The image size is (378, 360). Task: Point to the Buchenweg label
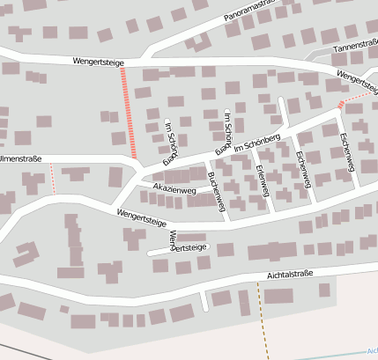217,193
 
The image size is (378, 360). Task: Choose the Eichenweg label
304,169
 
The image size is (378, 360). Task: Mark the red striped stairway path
128,113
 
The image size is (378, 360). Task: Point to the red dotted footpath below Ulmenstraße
54,178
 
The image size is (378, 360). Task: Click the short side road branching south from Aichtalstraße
204,300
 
